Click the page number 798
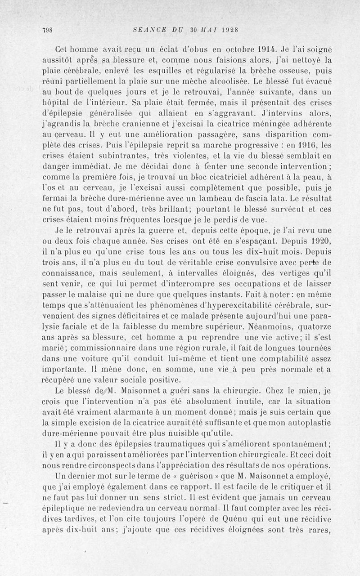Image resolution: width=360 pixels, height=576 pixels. click(x=48, y=30)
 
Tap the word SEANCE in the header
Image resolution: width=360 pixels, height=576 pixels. click(x=150, y=30)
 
